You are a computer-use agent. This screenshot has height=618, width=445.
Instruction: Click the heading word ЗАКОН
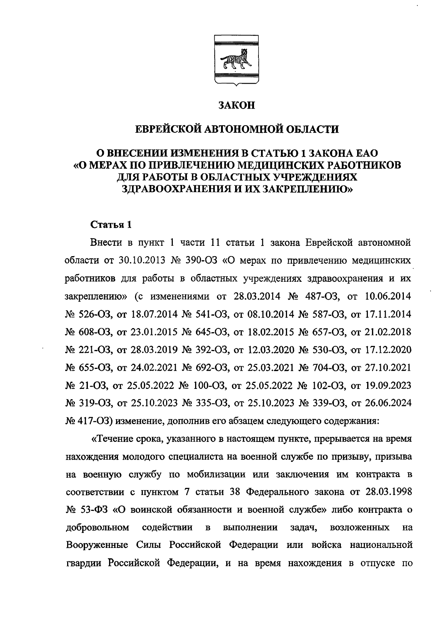[237, 106]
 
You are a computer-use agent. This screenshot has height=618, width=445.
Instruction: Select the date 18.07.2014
[154, 314]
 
